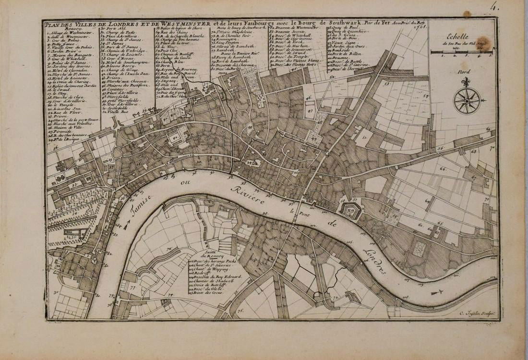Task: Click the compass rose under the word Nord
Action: click(467, 100)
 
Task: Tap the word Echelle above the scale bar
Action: click(460, 35)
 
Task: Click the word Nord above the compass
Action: click(464, 72)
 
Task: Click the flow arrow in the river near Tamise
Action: click(126, 224)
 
